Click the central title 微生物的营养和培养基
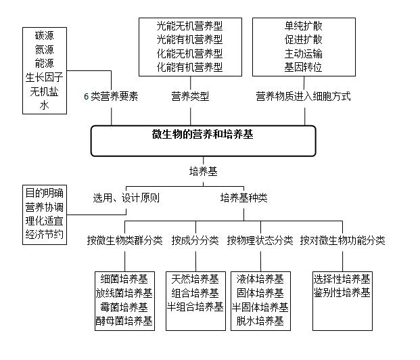(x=203, y=134)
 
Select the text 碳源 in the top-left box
(x=45, y=35)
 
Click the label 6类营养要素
(x=111, y=97)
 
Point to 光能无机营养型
(x=189, y=26)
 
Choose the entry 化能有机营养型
(x=189, y=67)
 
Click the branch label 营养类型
(x=190, y=97)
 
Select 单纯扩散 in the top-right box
(x=303, y=26)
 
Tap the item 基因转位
(x=303, y=67)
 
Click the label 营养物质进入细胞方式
(x=303, y=97)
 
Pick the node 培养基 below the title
(x=203, y=171)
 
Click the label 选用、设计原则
(x=126, y=198)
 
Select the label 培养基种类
(x=243, y=198)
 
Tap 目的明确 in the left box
(x=45, y=193)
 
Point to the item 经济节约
(x=45, y=235)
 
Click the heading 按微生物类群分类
(x=124, y=240)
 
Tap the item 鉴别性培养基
(x=342, y=293)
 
